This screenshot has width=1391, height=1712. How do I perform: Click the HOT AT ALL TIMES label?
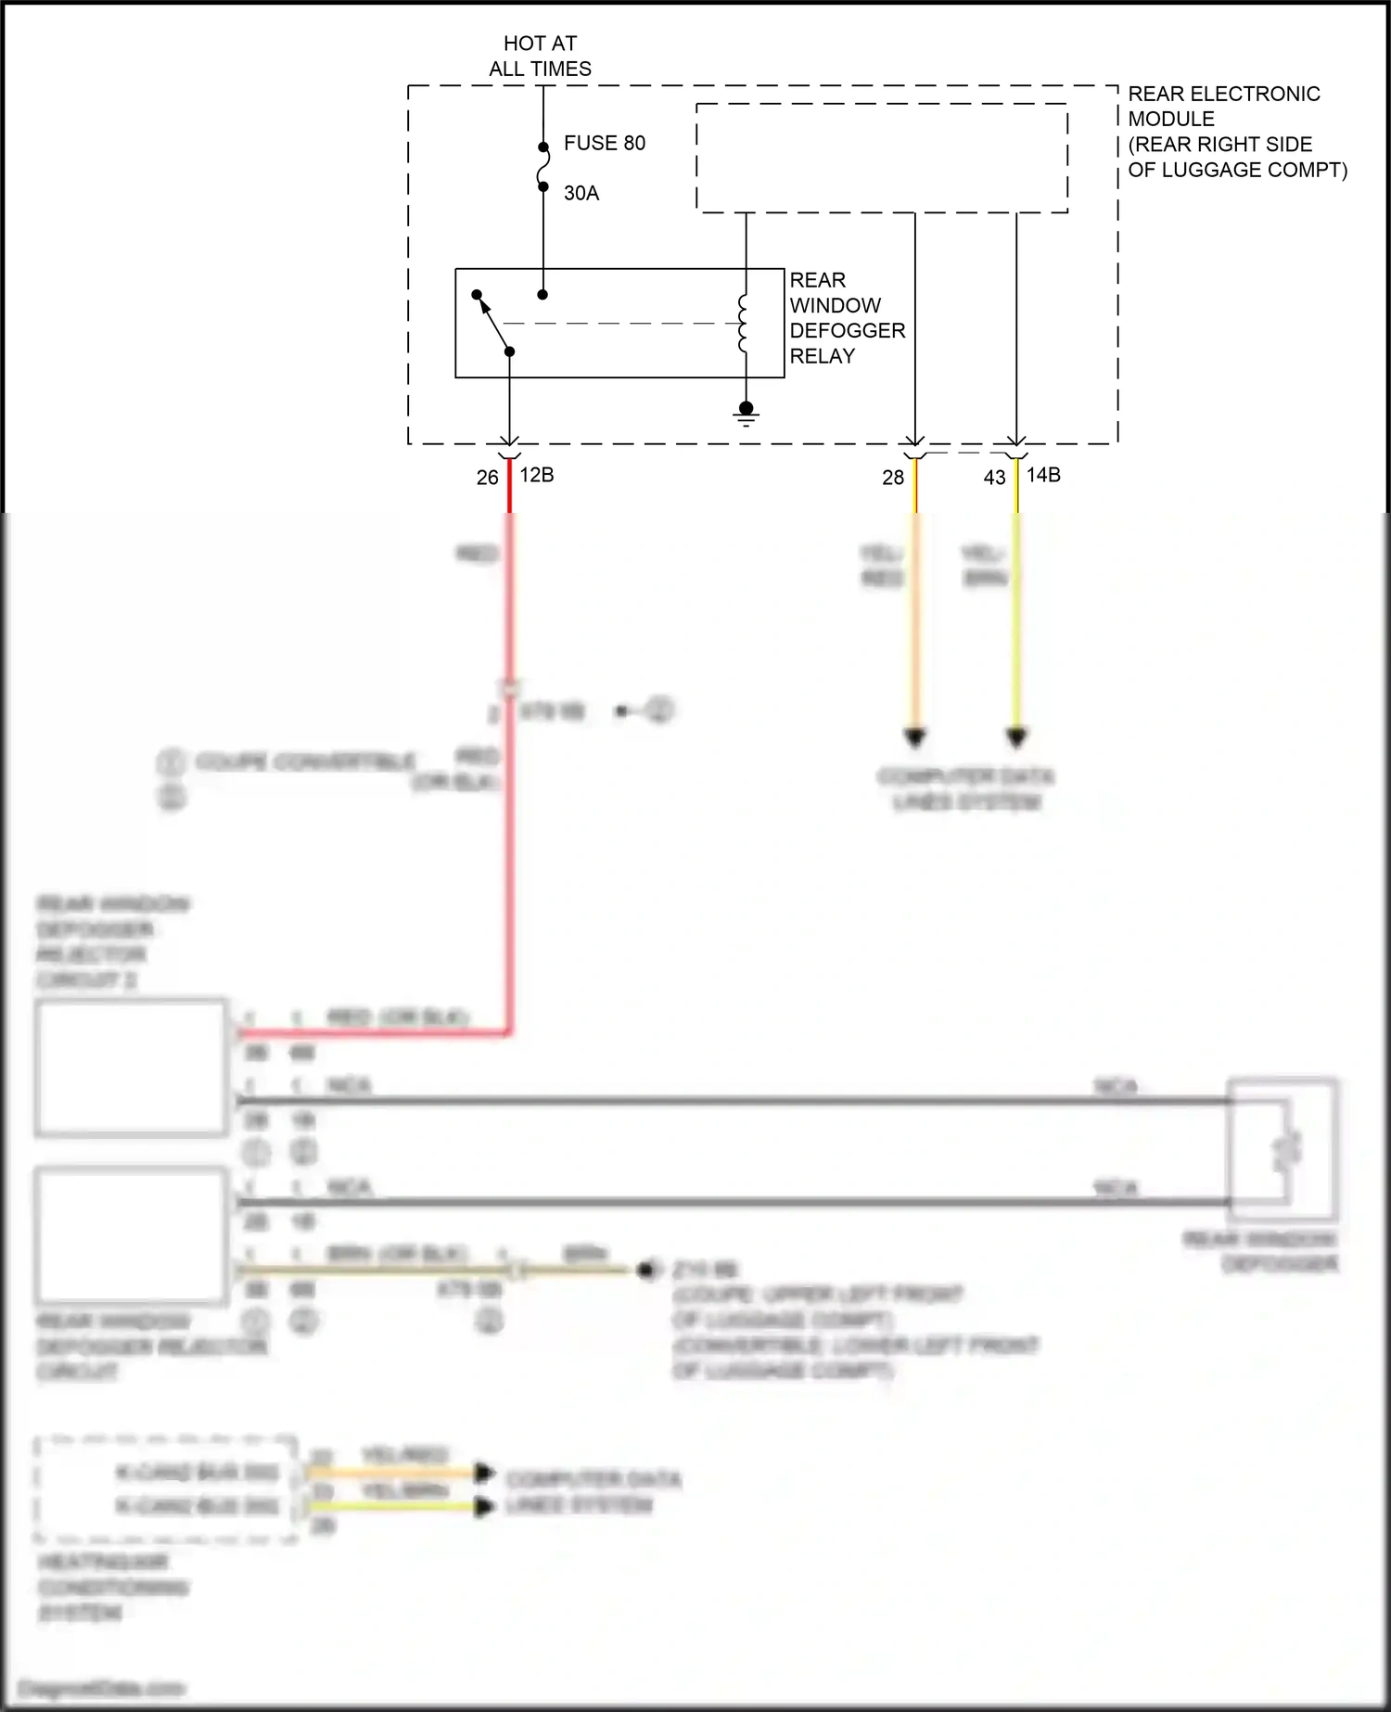tap(540, 56)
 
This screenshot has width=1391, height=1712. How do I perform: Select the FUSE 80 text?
tap(604, 143)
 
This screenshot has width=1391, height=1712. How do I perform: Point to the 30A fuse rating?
tap(581, 193)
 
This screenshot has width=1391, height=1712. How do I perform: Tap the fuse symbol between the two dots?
tap(542, 167)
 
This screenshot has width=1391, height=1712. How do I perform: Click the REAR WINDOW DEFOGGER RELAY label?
tap(846, 318)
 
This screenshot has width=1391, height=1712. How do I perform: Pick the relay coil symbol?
tap(744, 324)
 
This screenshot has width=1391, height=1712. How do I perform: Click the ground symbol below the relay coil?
tap(747, 414)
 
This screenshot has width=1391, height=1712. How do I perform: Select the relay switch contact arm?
tap(493, 323)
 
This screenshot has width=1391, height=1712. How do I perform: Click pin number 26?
tap(488, 478)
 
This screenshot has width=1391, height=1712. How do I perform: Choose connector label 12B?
tap(537, 475)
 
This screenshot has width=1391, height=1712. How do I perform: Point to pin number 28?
tap(893, 478)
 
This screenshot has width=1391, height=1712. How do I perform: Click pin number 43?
tap(994, 478)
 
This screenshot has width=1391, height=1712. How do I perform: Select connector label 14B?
tap(1043, 475)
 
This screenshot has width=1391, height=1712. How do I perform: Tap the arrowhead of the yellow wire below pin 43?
tap(1016, 738)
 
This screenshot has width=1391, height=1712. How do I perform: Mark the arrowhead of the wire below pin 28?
tap(915, 738)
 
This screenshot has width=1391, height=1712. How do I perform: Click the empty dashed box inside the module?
tap(882, 158)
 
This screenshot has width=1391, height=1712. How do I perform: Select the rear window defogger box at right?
tap(1283, 1150)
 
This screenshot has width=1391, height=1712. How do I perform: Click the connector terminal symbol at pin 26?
tap(509, 447)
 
